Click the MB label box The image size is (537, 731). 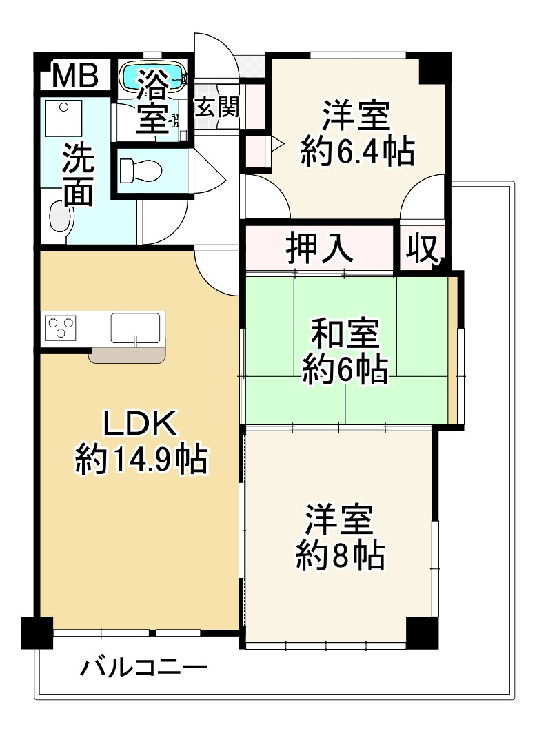75,76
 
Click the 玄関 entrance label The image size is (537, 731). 216,107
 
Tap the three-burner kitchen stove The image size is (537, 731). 61,327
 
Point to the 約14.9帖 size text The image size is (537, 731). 141,459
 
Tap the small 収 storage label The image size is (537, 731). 422,248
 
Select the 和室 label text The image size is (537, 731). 344,336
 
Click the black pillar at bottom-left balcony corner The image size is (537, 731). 37,632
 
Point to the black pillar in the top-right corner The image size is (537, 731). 434,66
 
